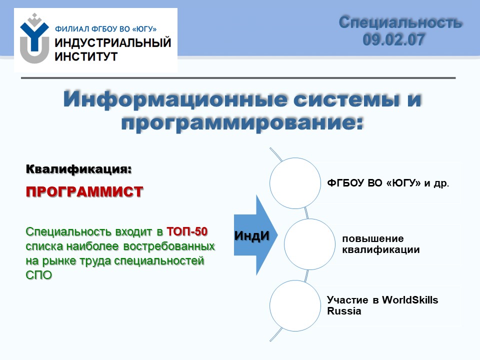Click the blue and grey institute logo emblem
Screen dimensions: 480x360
[34, 38]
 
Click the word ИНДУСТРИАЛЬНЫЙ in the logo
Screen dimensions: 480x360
[112, 42]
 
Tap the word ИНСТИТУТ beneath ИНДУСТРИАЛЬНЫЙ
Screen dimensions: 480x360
[86, 56]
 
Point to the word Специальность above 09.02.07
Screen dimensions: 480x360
[400, 22]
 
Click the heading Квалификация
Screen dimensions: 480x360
[78, 169]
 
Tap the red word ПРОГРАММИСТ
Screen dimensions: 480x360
[84, 191]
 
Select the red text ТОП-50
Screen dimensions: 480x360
[187, 231]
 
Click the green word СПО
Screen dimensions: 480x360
[39, 275]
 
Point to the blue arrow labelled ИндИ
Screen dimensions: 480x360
[255, 235]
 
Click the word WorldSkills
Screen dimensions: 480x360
[410, 300]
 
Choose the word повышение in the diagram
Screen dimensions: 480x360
[373, 239]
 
